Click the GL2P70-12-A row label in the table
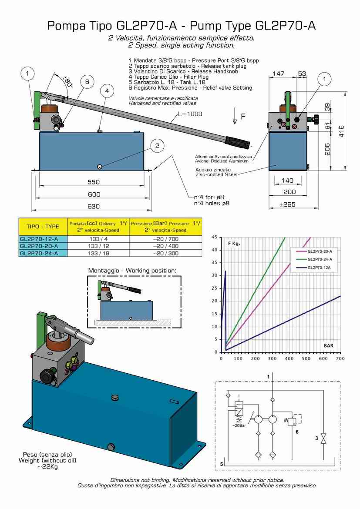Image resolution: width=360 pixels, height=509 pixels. [39, 238]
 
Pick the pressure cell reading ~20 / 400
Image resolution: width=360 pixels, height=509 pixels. [166, 246]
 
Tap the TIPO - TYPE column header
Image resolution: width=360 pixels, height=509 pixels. [43, 227]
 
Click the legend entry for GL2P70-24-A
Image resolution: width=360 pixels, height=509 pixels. [317, 259]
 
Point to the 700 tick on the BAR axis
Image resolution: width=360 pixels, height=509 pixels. [340, 359]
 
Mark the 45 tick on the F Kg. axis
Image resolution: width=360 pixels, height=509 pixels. [214, 237]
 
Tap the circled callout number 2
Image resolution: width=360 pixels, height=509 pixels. [158, 146]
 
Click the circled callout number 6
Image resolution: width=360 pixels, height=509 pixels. [87, 81]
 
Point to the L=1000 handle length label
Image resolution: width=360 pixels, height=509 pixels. [190, 114]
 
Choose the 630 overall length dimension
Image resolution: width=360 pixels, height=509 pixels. [94, 206]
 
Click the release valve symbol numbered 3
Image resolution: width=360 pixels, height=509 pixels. [323, 438]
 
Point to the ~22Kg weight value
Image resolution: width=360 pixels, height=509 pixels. [47, 467]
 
